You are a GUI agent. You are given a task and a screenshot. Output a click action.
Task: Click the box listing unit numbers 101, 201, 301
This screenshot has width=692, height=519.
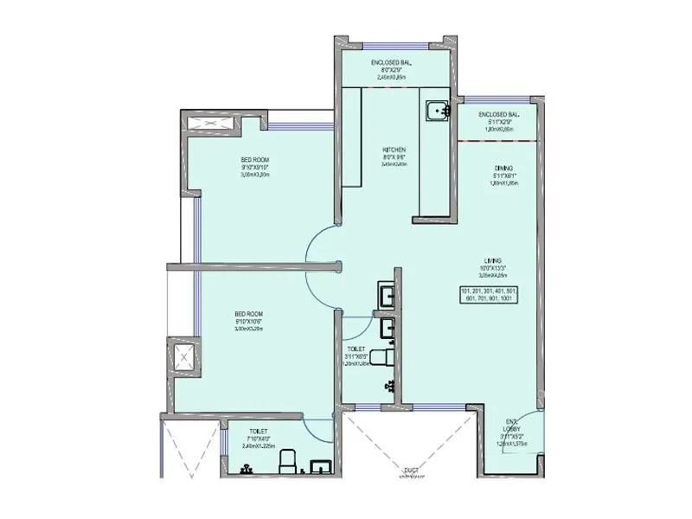point(489,295)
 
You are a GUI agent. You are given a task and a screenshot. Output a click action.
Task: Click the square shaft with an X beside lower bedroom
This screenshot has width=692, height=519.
point(183,356)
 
